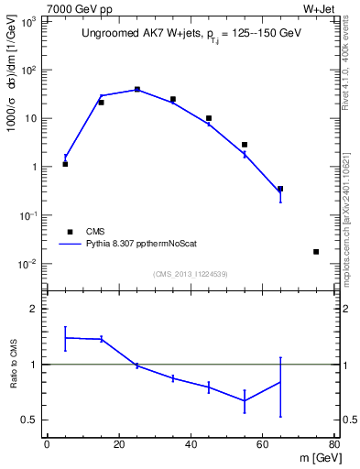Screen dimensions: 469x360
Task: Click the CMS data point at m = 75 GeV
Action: (316, 252)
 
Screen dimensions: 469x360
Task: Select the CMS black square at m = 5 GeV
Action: (65, 164)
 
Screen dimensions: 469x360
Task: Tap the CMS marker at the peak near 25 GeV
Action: (137, 90)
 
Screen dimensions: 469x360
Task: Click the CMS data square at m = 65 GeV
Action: (280, 189)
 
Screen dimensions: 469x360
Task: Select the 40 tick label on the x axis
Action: (191, 444)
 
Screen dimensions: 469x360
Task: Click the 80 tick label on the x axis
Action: (334, 444)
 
